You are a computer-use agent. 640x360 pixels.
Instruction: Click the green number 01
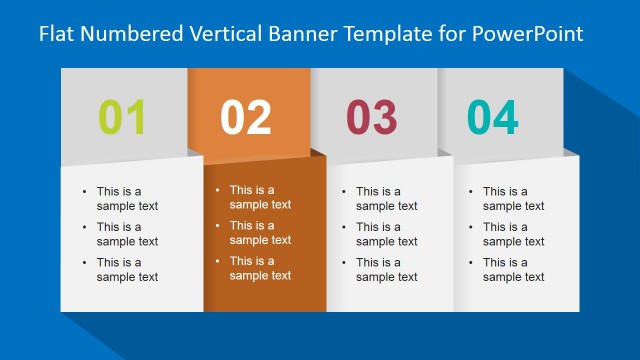click(123, 118)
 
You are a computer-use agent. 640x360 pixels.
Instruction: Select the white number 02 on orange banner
click(246, 118)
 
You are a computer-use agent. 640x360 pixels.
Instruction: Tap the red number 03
click(372, 118)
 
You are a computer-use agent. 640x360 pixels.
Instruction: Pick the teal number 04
click(493, 118)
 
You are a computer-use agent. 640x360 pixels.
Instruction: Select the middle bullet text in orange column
click(260, 233)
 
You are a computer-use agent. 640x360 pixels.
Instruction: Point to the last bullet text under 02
click(260, 268)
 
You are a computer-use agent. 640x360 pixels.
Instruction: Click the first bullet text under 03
click(386, 199)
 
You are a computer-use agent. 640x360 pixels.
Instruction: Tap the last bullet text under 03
click(386, 270)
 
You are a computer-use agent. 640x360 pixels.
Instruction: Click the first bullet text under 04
click(513, 199)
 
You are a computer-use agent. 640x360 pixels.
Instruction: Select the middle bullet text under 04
click(513, 234)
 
